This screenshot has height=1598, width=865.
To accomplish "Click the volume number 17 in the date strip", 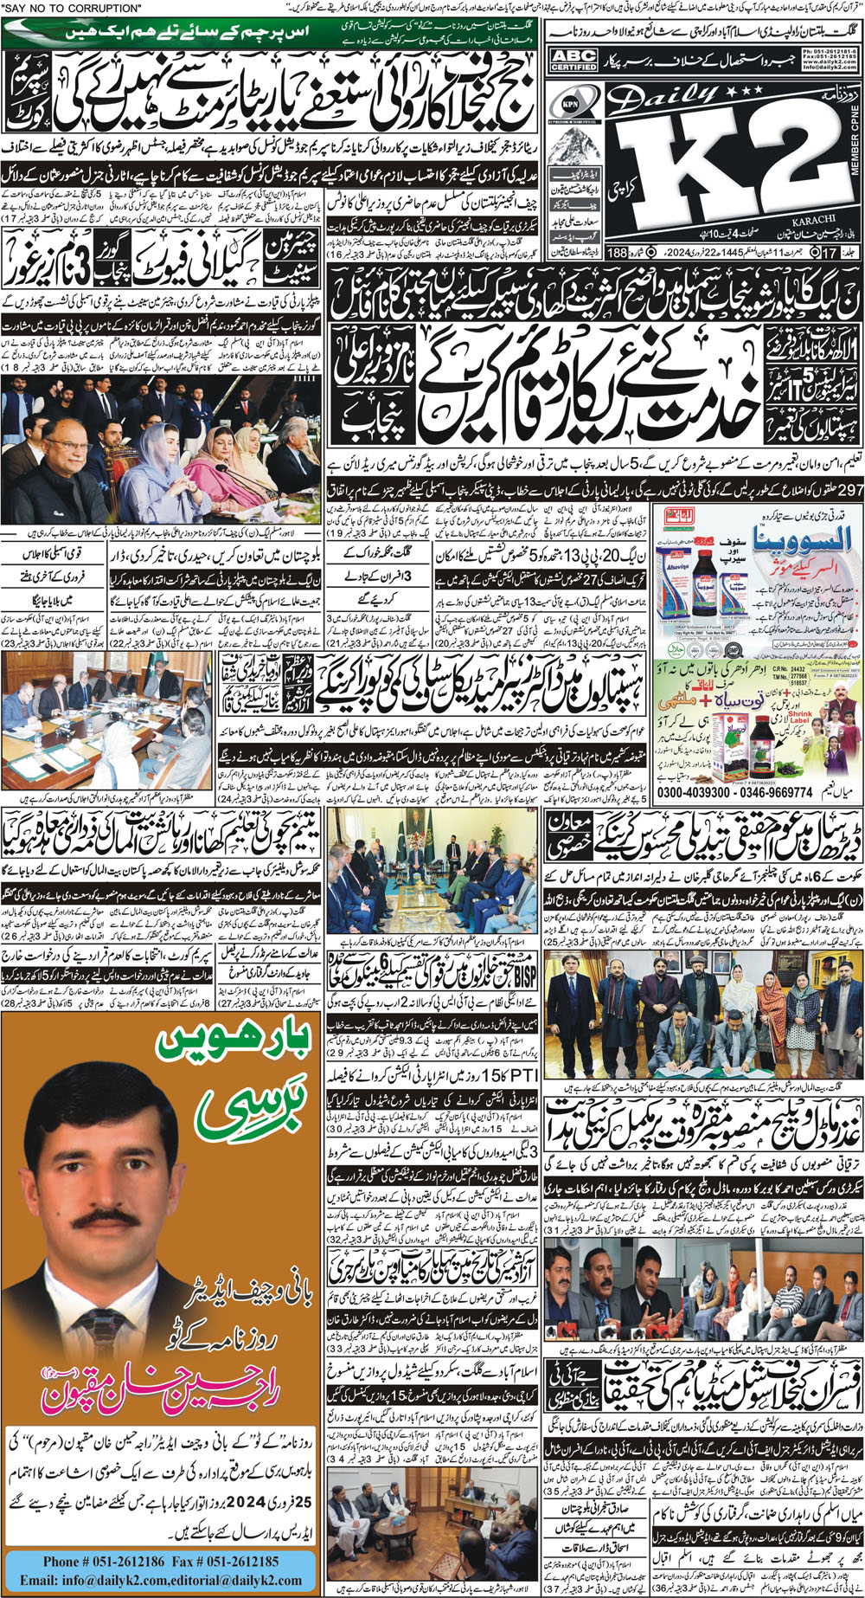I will [x=831, y=255].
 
